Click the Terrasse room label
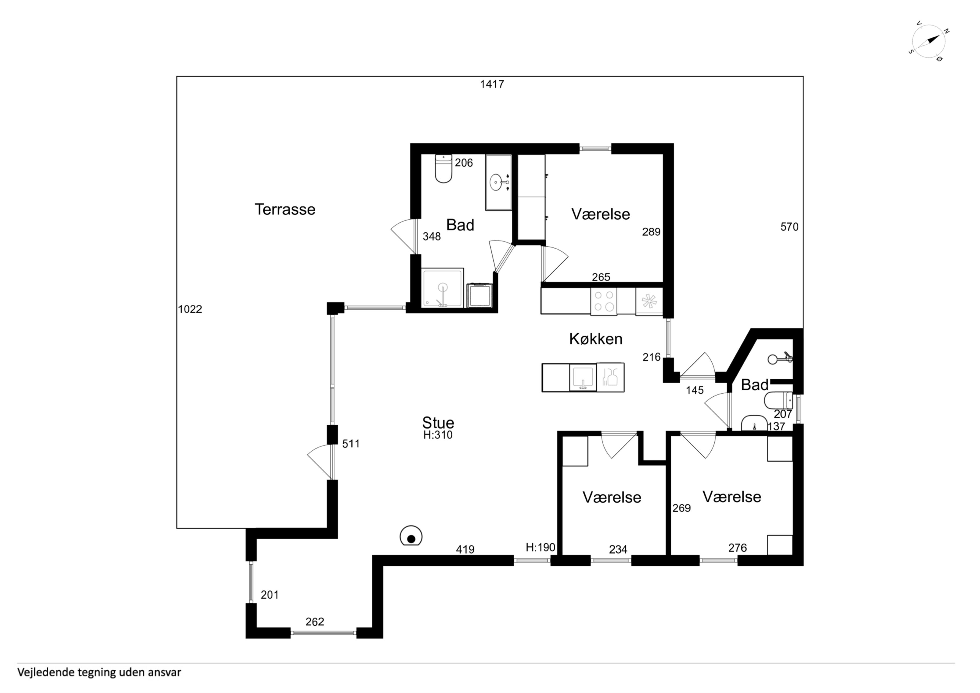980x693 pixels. click(285, 209)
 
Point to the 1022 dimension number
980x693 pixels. click(190, 309)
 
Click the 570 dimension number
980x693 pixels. click(789, 227)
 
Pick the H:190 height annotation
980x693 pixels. click(540, 547)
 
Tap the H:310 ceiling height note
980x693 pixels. click(438, 435)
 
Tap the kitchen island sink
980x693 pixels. click(583, 377)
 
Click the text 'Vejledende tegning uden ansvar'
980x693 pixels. click(99, 672)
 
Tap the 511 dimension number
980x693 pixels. click(351, 444)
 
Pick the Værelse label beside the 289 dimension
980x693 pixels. click(601, 214)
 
